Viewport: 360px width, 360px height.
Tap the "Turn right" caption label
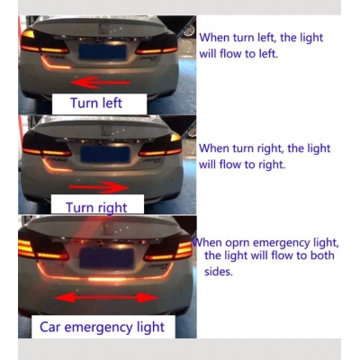[x=96, y=207]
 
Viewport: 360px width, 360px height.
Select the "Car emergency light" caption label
[x=102, y=326]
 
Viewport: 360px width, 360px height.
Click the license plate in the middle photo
[x=102, y=154]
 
